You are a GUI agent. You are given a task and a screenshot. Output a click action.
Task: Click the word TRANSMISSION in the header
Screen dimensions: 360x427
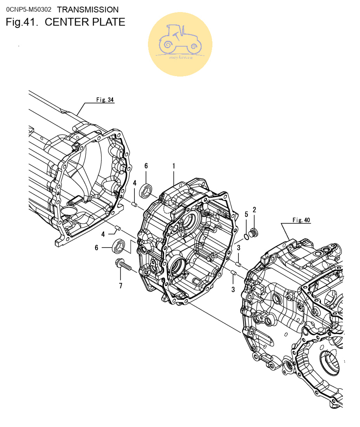tap(88, 10)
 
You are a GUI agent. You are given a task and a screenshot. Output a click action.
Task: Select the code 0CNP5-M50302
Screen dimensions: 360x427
tap(29, 10)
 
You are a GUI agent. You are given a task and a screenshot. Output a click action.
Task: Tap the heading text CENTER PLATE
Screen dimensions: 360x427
tap(85, 22)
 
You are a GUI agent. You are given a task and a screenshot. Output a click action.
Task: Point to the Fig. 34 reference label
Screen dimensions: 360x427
tap(105, 100)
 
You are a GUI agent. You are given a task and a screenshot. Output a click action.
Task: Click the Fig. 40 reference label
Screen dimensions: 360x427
tap(301, 220)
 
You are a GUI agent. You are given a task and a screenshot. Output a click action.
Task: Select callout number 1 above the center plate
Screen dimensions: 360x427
tap(174, 166)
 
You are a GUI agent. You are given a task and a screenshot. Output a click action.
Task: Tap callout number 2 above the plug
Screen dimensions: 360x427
tap(254, 210)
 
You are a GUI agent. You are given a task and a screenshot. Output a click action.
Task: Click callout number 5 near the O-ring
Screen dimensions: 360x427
tap(246, 214)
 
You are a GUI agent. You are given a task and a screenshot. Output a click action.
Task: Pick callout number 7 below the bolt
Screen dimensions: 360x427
tap(120, 286)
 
